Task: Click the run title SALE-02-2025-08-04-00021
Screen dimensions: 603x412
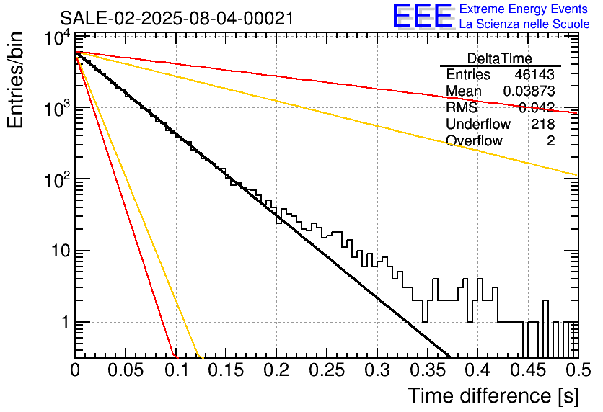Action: [x=177, y=18]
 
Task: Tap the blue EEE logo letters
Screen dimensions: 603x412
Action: [x=422, y=16]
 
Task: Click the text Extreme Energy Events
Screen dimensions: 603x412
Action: [x=524, y=9]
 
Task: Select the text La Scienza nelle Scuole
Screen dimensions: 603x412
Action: [x=524, y=24]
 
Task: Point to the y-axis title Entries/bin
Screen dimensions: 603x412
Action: [x=15, y=81]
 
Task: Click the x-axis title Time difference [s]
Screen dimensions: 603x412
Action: [x=493, y=395]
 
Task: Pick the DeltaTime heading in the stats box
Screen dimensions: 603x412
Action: [x=500, y=58]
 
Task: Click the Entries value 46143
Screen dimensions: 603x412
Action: [x=534, y=74]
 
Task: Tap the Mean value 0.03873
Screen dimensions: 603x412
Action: [x=529, y=91]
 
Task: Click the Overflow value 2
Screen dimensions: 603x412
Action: [x=550, y=140]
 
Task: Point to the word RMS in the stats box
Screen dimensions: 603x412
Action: [x=462, y=107]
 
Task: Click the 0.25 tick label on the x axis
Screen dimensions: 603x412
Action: [x=327, y=370]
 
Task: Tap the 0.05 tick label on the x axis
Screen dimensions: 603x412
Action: [x=126, y=370]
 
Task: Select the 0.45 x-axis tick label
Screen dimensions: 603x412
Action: [x=528, y=370]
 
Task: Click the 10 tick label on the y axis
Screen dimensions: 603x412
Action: [x=60, y=251]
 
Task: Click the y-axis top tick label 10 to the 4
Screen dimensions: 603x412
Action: [x=57, y=39]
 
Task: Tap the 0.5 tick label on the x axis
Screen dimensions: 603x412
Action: [x=578, y=370]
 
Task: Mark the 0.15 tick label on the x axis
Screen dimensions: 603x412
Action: [x=226, y=370]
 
